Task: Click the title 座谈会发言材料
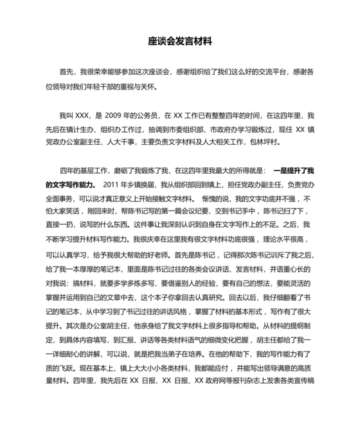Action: click(x=179, y=41)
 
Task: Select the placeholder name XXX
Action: click(x=85, y=116)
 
